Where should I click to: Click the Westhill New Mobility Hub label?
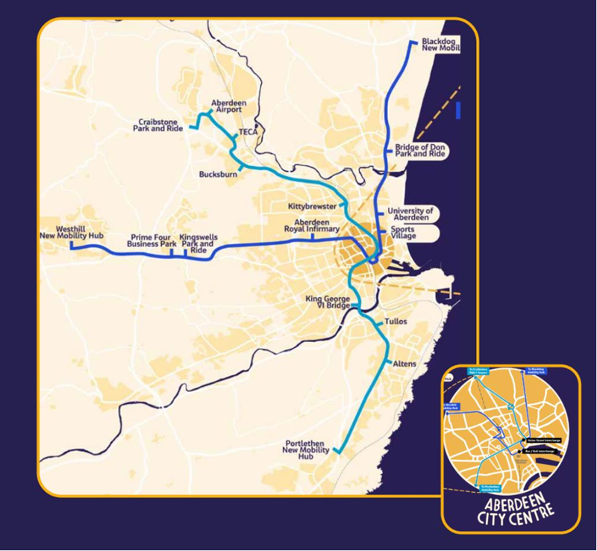(71, 232)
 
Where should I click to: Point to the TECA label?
(247, 132)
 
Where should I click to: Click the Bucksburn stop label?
(217, 175)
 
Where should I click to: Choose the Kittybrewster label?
(312, 206)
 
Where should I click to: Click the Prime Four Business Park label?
(151, 240)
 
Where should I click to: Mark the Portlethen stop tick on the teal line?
(336, 450)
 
